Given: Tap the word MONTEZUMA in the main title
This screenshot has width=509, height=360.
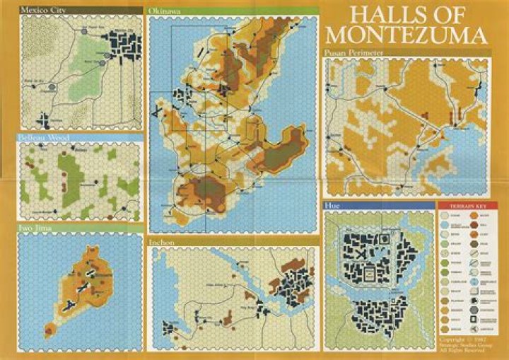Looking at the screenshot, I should (408, 35).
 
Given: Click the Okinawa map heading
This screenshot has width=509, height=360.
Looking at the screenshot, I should (164, 11).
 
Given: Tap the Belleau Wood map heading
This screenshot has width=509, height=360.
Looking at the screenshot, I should (44, 137).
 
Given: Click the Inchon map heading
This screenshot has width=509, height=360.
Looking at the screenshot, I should (162, 242).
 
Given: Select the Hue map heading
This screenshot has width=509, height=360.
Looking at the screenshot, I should (331, 205).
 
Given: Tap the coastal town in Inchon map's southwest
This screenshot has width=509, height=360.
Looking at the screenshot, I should (169, 328).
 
